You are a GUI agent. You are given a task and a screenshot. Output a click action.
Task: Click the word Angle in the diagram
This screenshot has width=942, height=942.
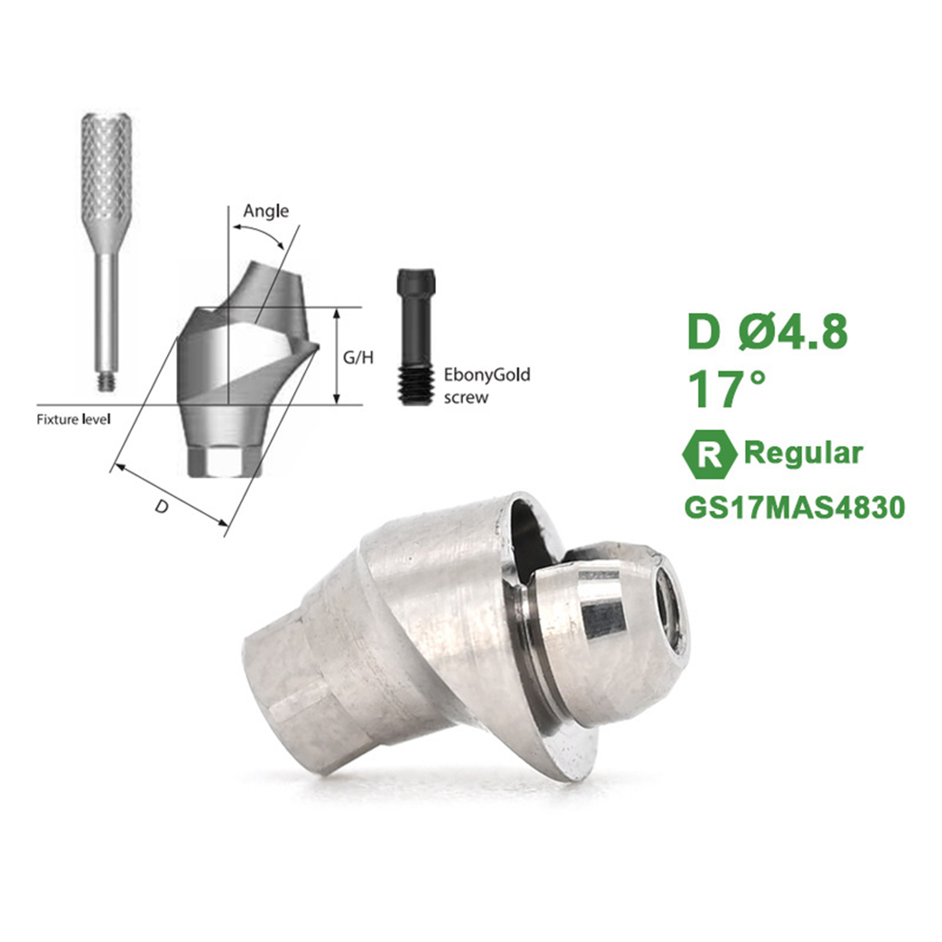(x=266, y=211)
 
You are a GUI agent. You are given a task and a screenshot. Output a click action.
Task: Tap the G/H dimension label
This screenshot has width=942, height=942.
(x=358, y=357)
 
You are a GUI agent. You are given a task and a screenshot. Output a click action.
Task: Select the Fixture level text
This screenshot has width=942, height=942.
(x=74, y=420)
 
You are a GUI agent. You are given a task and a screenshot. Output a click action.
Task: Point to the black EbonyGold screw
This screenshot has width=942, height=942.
(x=417, y=337)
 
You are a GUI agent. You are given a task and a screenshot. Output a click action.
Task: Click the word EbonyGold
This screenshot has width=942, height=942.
(x=487, y=375)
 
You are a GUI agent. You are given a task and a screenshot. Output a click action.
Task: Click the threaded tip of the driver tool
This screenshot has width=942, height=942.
(x=107, y=380)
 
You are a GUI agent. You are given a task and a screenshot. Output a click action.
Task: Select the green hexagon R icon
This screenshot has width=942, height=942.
(x=709, y=454)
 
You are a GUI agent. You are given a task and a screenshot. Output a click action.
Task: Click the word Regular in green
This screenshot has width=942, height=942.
(x=804, y=453)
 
